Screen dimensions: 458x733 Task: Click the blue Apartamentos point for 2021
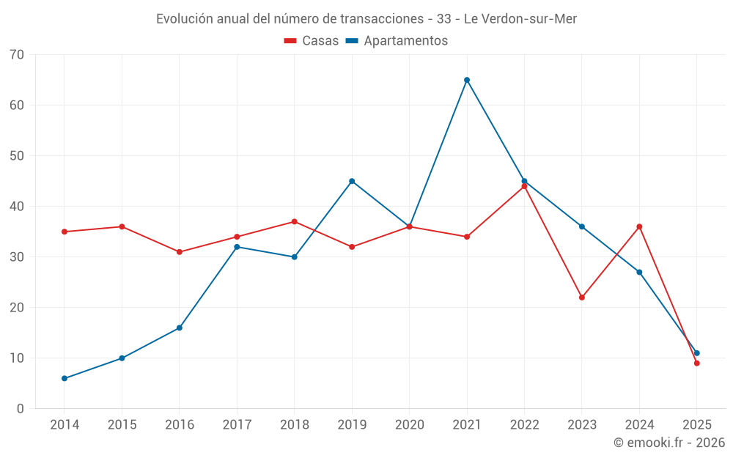pos(467,80)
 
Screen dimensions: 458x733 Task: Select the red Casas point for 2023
pos(582,298)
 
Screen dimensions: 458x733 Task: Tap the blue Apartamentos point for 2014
pos(65,378)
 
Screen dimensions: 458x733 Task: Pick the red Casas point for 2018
pos(295,221)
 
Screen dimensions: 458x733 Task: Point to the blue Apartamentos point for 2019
pos(352,181)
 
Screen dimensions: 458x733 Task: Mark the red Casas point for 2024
pos(639,226)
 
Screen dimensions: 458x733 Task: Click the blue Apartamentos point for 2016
pos(180,328)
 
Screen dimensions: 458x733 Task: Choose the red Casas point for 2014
pos(65,232)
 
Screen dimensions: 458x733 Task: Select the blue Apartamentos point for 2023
pos(582,226)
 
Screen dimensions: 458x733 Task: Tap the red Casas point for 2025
pos(697,363)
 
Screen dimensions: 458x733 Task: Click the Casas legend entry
pos(312,41)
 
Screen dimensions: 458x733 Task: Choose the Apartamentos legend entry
pos(397,41)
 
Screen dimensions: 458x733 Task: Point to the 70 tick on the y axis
pos(17,54)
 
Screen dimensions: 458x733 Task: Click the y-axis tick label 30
pos(17,257)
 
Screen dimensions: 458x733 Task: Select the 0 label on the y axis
pos(21,409)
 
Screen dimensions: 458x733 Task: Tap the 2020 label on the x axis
pos(409,425)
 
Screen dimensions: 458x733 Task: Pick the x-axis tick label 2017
pos(237,425)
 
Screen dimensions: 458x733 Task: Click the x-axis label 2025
pos(697,425)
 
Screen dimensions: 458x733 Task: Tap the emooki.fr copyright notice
pos(668,443)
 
